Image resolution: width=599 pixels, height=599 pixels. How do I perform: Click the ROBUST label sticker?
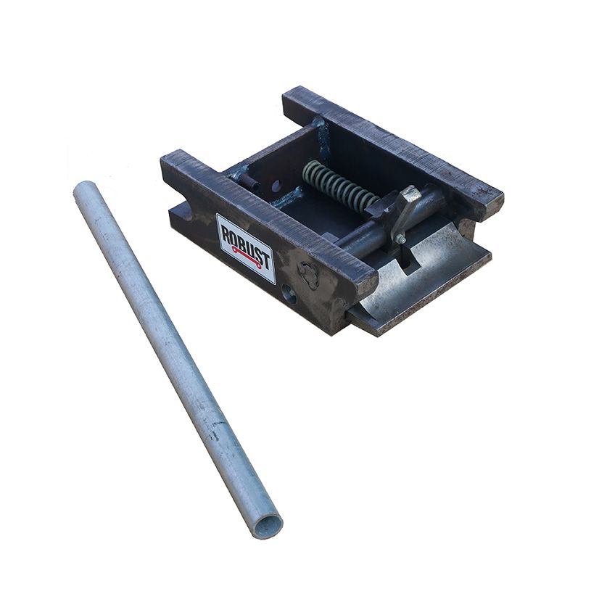(x=246, y=247)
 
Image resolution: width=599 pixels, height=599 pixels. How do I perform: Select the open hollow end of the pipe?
(x=268, y=524)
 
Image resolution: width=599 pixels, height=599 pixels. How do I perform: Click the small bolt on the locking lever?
(x=399, y=239)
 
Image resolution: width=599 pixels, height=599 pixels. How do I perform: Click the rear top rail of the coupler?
(x=392, y=141)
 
